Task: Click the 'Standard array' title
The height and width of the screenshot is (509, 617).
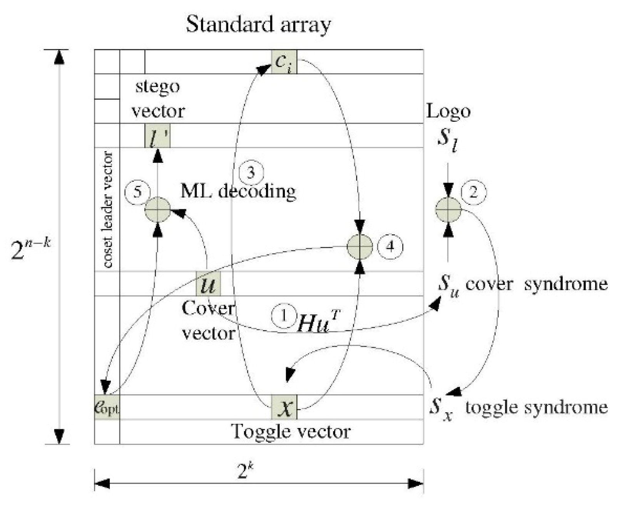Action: (x=258, y=24)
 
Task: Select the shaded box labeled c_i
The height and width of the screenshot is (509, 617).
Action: (x=284, y=62)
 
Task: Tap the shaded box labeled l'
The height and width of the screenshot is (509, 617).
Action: (x=157, y=136)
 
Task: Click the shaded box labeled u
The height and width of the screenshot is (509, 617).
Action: (x=208, y=284)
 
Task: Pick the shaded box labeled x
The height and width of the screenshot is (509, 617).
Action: (x=284, y=407)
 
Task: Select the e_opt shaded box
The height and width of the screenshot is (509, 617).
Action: (x=107, y=407)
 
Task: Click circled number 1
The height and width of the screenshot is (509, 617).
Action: (x=284, y=316)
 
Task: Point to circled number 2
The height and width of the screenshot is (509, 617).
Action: (x=473, y=192)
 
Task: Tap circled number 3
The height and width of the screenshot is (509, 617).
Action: (x=251, y=172)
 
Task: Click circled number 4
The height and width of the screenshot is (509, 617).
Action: (x=390, y=246)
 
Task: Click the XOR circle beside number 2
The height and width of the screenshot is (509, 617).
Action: (x=448, y=210)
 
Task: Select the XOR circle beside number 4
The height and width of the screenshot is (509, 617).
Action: (x=359, y=246)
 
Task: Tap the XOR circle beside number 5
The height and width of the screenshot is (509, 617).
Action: (x=157, y=210)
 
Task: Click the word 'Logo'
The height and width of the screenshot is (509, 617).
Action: (x=448, y=111)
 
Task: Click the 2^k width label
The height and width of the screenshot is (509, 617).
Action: (x=246, y=470)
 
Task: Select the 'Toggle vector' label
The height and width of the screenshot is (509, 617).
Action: (x=291, y=431)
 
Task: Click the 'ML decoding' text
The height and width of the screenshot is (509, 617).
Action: (x=238, y=191)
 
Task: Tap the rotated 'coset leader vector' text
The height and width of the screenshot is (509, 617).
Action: (x=108, y=210)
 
